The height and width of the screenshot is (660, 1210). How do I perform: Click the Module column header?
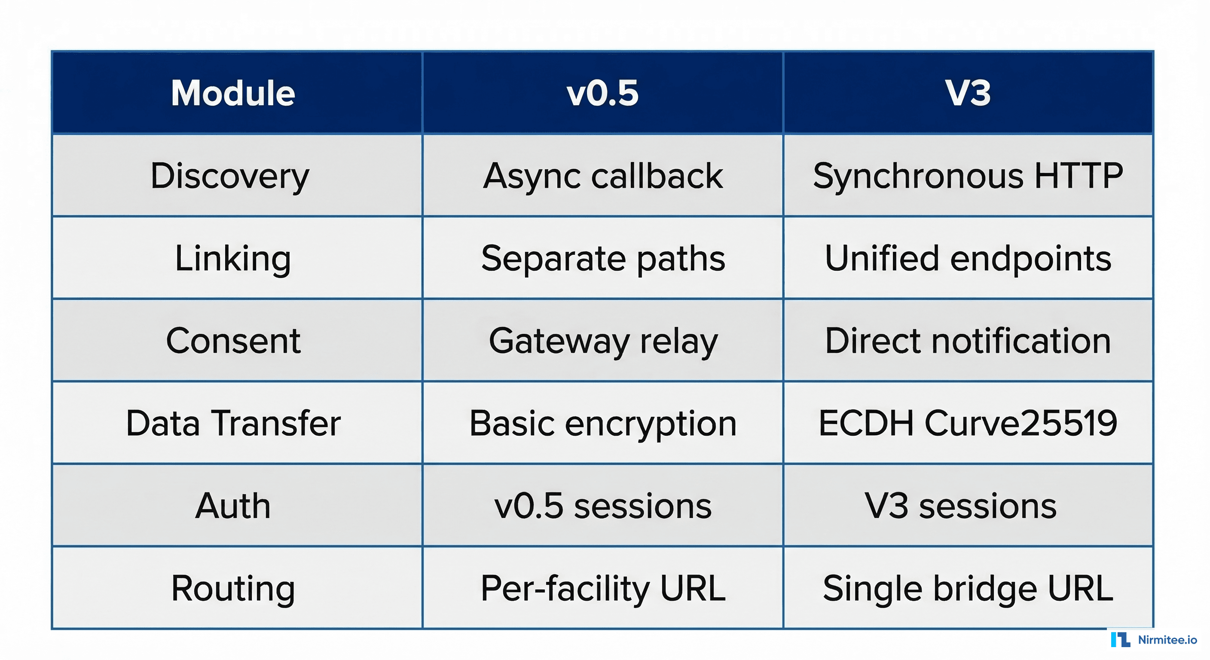click(x=233, y=93)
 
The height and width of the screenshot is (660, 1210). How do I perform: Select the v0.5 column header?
click(x=603, y=93)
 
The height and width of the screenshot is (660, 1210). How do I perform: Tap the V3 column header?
click(x=968, y=93)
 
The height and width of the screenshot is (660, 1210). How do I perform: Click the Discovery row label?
click(x=230, y=176)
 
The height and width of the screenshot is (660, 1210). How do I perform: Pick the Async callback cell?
click(x=603, y=176)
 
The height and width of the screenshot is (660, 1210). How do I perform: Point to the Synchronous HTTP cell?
click(x=968, y=176)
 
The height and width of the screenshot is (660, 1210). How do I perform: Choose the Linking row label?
click(x=233, y=258)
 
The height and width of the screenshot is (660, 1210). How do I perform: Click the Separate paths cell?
click(x=603, y=258)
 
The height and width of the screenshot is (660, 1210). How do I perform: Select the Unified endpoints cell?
click(x=968, y=258)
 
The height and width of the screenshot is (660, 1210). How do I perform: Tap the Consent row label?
click(x=233, y=341)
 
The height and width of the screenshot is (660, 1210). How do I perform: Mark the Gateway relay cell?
click(x=603, y=341)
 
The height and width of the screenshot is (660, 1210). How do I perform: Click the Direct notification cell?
click(x=968, y=341)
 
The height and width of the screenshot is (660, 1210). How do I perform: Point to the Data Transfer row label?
click(x=233, y=423)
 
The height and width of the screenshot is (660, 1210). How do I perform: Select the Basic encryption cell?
click(x=603, y=423)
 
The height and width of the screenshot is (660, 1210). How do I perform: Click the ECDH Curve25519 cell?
click(x=968, y=423)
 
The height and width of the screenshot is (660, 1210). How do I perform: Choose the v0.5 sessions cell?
click(x=603, y=506)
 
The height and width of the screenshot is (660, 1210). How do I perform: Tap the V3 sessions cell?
click(x=961, y=506)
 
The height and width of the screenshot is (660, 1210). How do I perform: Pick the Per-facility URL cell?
click(x=603, y=588)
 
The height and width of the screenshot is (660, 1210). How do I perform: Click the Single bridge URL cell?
click(x=968, y=588)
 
